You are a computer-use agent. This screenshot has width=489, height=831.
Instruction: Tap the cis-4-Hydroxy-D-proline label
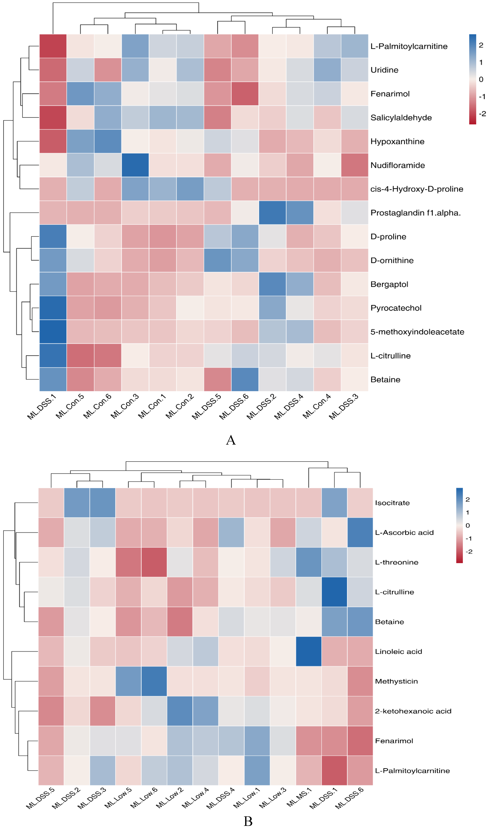point(416,189)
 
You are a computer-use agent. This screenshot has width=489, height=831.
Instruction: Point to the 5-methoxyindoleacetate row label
point(417,332)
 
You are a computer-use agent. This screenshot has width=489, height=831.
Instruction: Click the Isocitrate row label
point(392,503)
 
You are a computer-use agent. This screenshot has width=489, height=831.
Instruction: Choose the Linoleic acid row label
point(398,652)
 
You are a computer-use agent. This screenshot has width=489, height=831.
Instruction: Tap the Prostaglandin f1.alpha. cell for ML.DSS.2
point(272,213)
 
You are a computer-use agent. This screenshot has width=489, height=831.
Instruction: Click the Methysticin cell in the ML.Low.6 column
point(154,681)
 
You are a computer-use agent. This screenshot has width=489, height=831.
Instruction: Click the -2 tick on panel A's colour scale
point(482,114)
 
